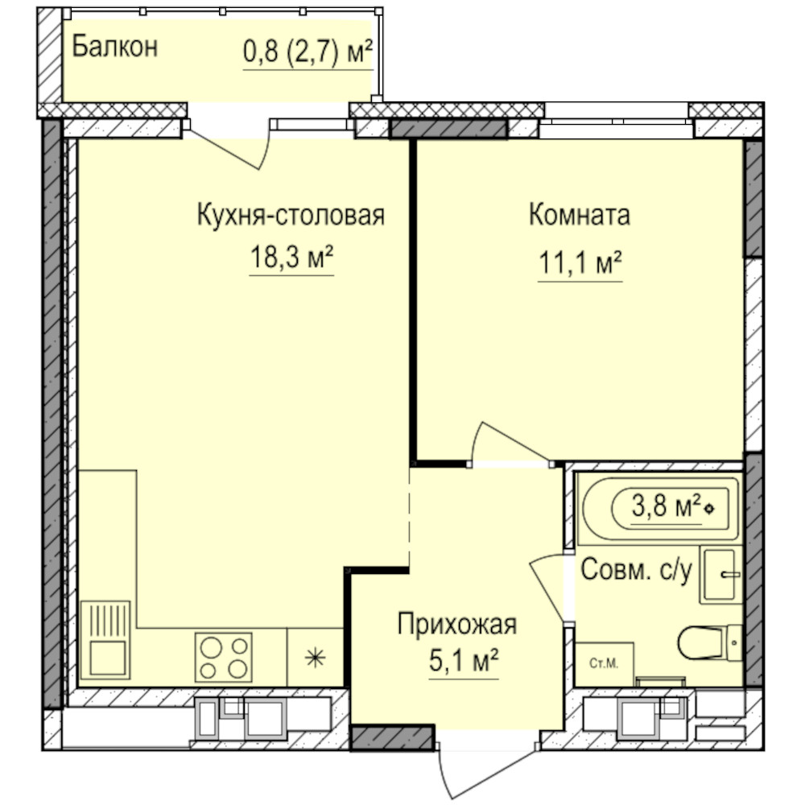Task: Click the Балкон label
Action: click(114, 47)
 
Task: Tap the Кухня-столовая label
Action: click(291, 215)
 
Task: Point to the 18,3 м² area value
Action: click(291, 257)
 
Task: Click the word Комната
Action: click(580, 215)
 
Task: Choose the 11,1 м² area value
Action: click(580, 262)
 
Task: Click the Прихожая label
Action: click(457, 625)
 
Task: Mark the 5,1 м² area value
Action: click(464, 660)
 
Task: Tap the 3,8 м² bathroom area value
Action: click(667, 506)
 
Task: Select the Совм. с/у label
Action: click(636, 570)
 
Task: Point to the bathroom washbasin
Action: click(720, 575)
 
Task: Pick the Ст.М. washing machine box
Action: click(605, 664)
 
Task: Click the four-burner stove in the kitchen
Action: click(223, 657)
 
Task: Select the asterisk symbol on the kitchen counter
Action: click(315, 658)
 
